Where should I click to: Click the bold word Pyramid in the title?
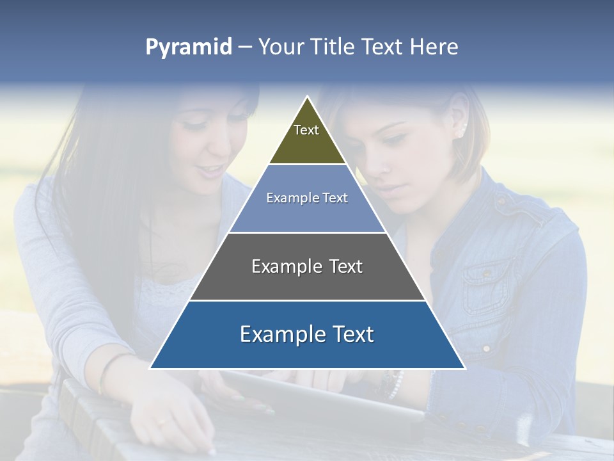pos(189,47)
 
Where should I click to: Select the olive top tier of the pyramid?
pos(307,138)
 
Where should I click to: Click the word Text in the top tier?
pos(306,130)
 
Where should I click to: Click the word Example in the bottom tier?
pos(274,335)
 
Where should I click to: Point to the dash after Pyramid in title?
pos(245,47)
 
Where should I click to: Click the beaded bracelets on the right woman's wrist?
pos(391,384)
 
